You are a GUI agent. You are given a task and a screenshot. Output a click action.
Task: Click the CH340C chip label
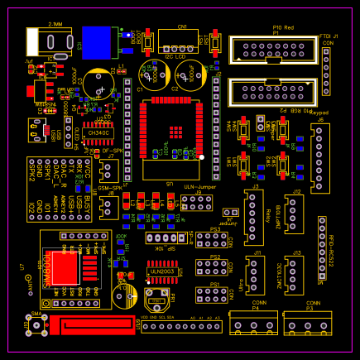click(98, 132)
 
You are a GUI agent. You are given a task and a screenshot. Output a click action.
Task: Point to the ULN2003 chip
click(161, 271)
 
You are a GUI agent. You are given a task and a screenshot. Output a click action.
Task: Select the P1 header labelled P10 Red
click(271, 50)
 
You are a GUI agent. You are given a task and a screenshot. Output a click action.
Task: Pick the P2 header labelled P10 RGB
click(271, 94)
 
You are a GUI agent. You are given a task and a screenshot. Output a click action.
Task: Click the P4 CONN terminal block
click(250, 325)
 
